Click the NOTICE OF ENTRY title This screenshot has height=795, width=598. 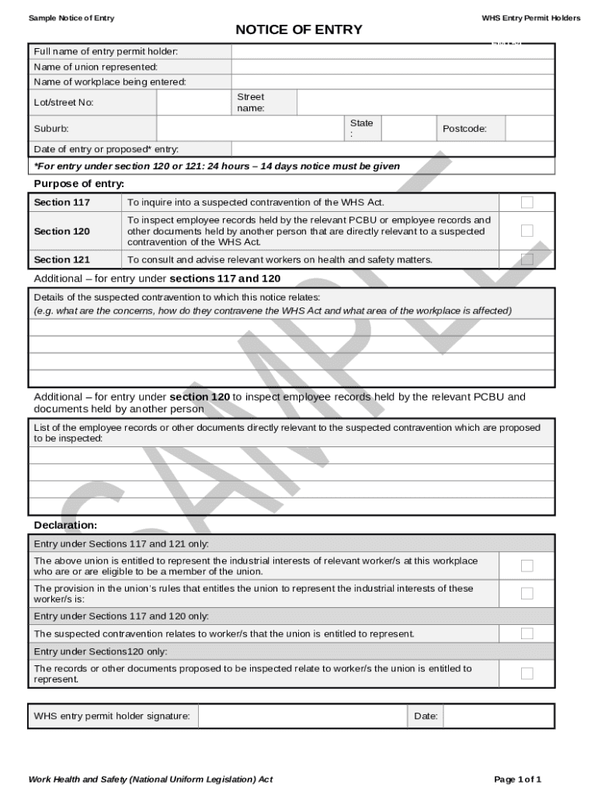tap(299, 30)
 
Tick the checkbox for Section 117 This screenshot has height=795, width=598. tap(527, 203)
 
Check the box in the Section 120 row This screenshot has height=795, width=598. tap(527, 231)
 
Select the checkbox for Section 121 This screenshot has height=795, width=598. tap(527, 259)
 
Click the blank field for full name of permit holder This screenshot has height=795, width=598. tap(392, 52)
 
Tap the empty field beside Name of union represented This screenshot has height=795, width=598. tap(392, 67)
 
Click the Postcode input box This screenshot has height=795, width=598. tap(530, 129)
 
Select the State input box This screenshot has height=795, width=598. tap(408, 129)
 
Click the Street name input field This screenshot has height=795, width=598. tap(425, 102)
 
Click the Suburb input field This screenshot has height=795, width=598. tap(250, 129)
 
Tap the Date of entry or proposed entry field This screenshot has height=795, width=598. tap(392, 149)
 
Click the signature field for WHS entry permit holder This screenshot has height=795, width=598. tap(302, 716)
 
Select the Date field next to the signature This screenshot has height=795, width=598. tap(498, 716)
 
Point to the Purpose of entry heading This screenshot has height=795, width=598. tap(79, 184)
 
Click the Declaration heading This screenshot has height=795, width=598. tap(65, 526)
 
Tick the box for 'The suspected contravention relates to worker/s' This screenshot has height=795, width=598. tap(527, 634)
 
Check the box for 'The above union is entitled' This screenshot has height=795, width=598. tap(527, 566)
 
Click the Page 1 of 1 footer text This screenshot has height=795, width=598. tap(517, 779)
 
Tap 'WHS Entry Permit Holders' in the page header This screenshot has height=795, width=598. tap(530, 18)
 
